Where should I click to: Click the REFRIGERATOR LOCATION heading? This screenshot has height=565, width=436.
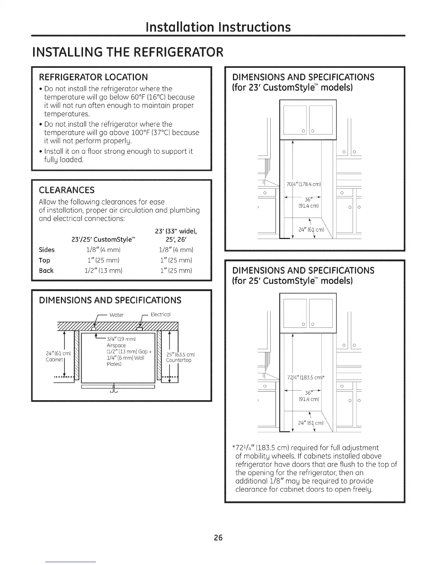93,77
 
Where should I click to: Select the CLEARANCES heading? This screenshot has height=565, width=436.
67,189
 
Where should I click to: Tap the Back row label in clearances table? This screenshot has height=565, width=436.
46,271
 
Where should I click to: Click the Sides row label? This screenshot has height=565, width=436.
47,250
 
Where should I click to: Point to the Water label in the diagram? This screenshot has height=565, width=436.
116,315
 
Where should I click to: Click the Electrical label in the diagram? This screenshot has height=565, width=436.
161,315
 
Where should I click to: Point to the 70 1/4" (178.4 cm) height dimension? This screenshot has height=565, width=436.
304,184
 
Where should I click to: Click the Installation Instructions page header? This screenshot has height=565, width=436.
218,27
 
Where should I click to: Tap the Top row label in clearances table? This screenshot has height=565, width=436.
45,260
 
